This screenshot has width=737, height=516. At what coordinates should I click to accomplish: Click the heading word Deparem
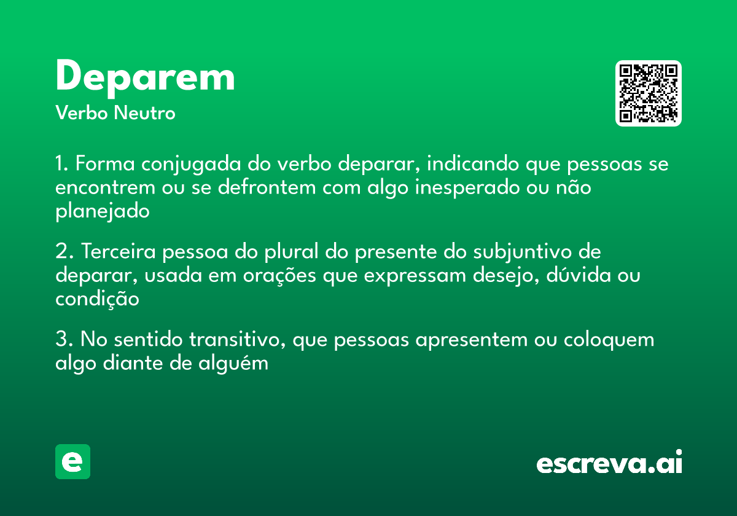click(x=145, y=78)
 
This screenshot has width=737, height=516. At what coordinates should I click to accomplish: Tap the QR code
click(x=649, y=93)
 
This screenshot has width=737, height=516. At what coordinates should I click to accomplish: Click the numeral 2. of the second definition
click(x=63, y=252)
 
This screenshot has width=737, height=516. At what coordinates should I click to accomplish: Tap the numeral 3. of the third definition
click(x=63, y=340)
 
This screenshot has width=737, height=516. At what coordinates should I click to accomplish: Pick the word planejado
click(x=103, y=212)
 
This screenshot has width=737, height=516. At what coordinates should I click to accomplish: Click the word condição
click(x=97, y=299)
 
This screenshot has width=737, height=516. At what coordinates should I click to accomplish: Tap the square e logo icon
click(x=72, y=461)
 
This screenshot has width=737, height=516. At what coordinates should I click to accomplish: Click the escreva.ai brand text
click(x=609, y=463)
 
